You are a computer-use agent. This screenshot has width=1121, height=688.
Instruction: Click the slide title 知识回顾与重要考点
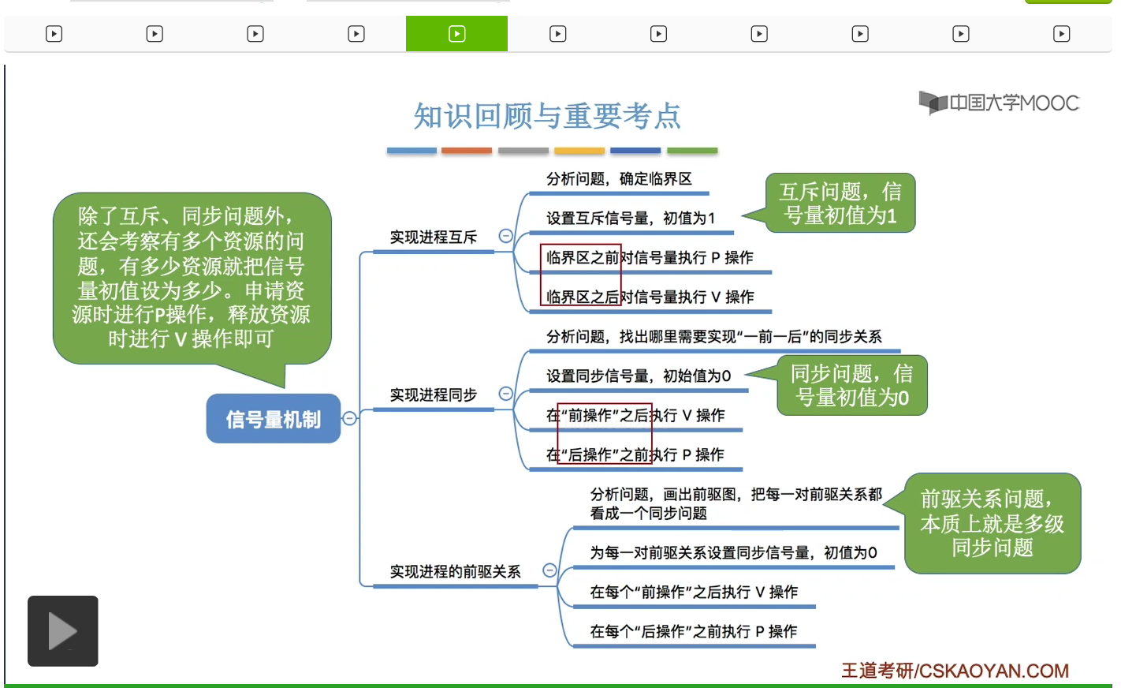547,116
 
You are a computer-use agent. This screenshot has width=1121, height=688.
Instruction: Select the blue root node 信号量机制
273,419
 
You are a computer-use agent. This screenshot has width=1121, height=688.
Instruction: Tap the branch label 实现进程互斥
434,237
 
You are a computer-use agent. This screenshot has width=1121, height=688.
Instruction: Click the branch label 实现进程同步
434,394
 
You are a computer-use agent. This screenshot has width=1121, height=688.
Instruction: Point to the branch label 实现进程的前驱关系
455,571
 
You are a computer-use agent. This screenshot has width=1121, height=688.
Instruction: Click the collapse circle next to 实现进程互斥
506,236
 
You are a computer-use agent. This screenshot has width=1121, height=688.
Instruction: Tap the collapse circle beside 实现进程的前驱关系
549,570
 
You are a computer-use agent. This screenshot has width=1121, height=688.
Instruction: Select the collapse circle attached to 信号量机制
350,418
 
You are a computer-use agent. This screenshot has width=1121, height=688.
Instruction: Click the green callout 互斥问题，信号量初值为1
840,203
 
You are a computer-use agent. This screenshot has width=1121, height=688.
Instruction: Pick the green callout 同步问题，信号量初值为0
851,385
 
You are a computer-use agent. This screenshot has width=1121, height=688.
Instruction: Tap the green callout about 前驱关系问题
992,523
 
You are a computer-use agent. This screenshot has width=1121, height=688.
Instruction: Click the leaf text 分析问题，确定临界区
619,179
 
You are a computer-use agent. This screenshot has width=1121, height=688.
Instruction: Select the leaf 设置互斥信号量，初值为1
631,218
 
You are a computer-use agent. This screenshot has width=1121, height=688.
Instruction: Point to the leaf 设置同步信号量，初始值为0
639,376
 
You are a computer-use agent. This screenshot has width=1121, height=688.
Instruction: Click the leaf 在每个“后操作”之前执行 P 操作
694,631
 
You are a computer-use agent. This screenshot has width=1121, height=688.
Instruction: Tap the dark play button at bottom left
63,631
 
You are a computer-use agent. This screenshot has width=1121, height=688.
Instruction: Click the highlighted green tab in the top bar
456,34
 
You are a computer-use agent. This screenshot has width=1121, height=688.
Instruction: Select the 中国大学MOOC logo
999,103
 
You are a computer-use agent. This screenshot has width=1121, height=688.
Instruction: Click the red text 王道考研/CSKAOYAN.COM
955,671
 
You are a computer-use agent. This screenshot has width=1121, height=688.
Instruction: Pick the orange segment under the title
467,150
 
